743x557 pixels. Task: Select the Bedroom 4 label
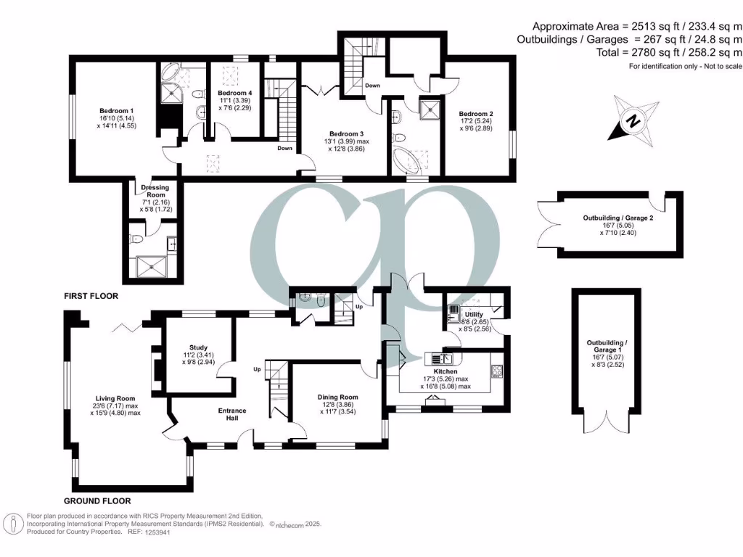[235, 94]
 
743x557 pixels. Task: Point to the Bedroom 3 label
[345, 134]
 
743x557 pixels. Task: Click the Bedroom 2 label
[476, 114]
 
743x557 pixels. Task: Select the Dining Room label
[338, 397]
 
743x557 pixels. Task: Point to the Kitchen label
[446, 371]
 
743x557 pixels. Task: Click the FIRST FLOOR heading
[91, 297]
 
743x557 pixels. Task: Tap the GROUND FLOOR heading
[97, 501]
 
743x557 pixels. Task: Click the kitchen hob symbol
[498, 372]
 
